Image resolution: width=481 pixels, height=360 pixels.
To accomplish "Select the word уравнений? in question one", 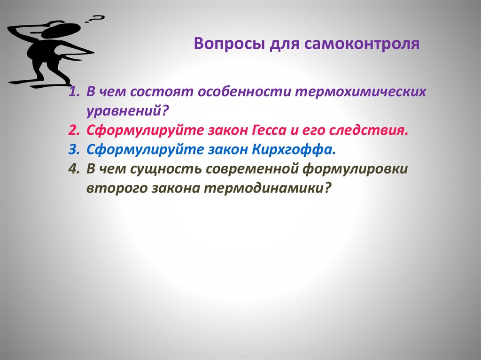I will tap(127, 111).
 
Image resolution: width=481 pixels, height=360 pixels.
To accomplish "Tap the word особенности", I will tap(244, 92).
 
